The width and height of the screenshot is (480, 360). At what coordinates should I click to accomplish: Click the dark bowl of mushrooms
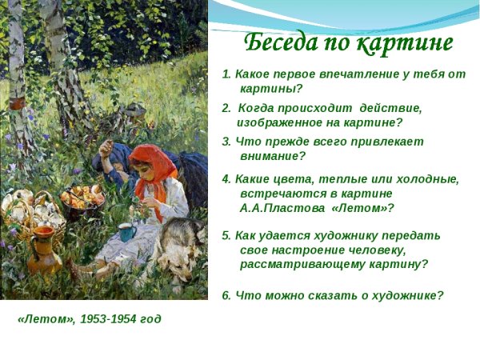pyautogui.click(x=83, y=200)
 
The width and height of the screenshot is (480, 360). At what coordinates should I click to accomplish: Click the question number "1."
pyautogui.click(x=227, y=74)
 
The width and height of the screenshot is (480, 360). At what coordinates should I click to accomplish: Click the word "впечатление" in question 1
pyautogui.click(x=365, y=74)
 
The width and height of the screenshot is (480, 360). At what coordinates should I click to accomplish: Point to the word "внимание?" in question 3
pyautogui.click(x=272, y=156)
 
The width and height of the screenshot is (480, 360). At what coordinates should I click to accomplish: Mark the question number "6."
pyautogui.click(x=227, y=295)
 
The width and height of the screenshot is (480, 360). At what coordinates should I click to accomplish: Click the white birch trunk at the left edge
pyautogui.click(x=16, y=80)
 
